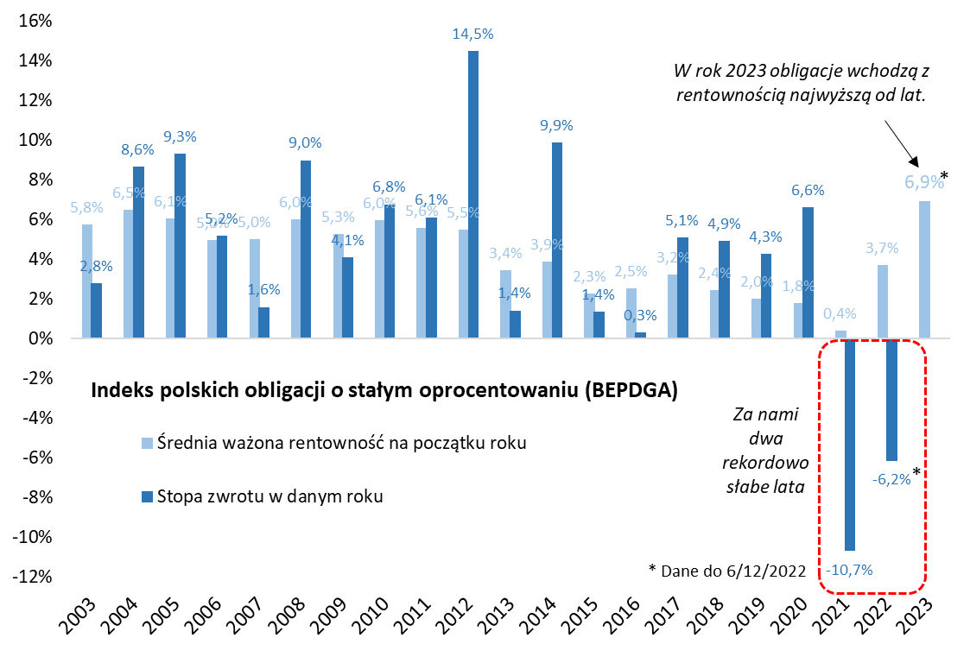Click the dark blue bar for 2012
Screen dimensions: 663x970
[472, 194]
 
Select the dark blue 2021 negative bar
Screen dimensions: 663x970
[849, 444]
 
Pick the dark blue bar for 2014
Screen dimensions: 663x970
[556, 240]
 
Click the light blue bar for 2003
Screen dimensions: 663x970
[86, 281]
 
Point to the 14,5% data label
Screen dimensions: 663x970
[472, 35]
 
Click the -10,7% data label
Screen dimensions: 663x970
[849, 570]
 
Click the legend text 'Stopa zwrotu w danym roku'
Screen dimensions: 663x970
[269, 496]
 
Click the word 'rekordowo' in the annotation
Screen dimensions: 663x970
[764, 462]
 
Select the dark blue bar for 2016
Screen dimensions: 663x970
[640, 335]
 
